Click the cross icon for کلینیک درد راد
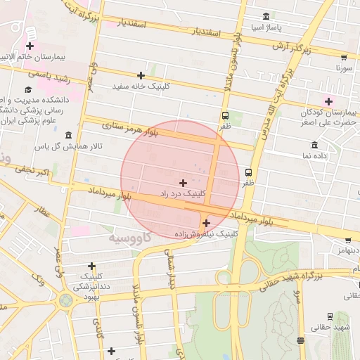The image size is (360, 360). [x=183, y=183]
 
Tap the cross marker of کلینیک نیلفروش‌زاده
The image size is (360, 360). [x=206, y=223]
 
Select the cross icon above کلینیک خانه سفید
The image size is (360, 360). [x=141, y=75]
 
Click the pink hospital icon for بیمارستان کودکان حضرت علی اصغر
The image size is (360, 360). [x=328, y=101]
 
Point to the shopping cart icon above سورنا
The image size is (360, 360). [x=343, y=58]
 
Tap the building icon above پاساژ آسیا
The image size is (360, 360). [x=265, y=17]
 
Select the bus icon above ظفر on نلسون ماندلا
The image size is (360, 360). [x=225, y=115]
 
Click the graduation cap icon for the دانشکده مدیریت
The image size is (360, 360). [x=28, y=89]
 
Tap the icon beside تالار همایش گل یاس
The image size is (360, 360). [x=68, y=135]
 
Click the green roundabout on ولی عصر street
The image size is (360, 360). [x=65, y=301]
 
